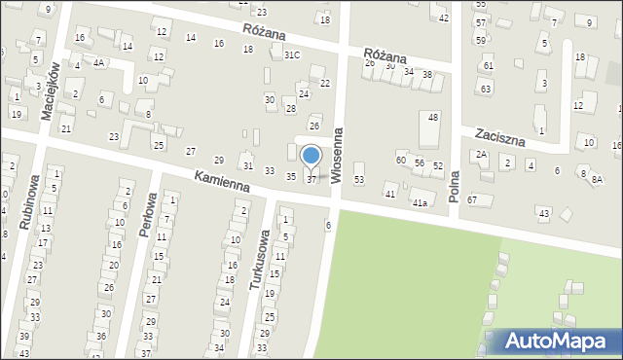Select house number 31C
pos(291,55)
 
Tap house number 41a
pos(420,202)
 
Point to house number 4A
pos(99,62)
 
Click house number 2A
pos(481,155)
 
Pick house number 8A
pos(597,180)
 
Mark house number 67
pos(472,199)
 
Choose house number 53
pos(358,180)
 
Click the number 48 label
pos(433,117)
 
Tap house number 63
pos(486,90)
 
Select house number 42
pos(444,18)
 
